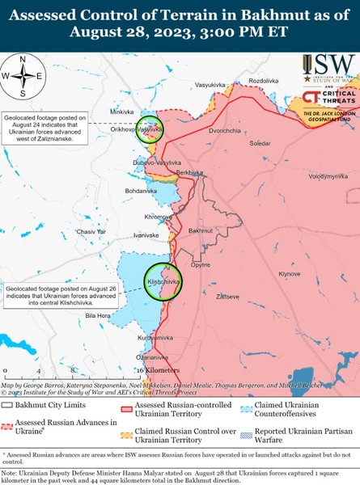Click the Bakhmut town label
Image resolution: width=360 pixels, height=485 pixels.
(200, 231)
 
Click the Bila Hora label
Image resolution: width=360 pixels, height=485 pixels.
(97, 314)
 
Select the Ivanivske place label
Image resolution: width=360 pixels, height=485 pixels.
(146, 234)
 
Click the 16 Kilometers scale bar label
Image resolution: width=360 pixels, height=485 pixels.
(152, 369)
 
